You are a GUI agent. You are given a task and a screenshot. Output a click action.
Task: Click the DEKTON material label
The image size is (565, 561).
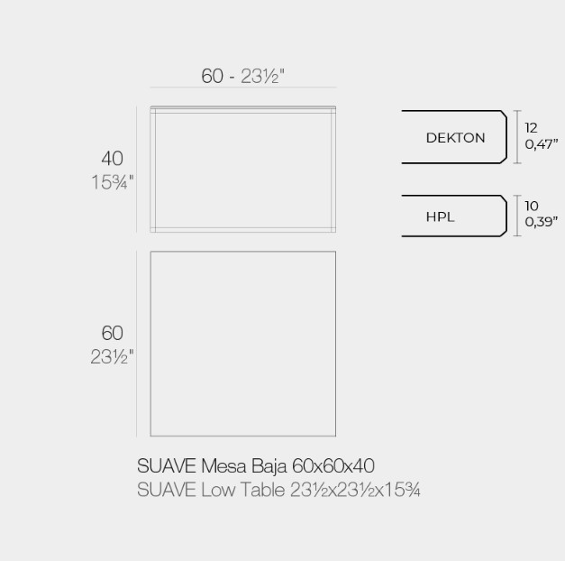coord(455,137)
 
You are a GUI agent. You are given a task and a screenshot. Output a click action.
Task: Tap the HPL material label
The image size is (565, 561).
coord(440,216)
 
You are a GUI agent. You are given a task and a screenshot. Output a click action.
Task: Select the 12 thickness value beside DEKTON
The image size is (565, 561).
coord(531,128)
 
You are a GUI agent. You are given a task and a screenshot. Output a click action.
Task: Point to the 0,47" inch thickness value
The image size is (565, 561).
coord(542,144)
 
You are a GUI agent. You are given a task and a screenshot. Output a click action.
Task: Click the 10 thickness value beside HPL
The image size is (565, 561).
coord(532,206)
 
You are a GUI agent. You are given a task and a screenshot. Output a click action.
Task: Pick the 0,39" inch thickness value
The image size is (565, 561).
coord(542,222)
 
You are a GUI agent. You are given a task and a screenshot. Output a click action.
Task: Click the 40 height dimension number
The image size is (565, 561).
coord(112,159)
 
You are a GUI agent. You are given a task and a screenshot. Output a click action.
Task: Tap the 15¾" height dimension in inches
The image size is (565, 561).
coord(113,182)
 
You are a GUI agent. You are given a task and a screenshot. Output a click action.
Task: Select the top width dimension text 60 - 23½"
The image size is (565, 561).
coord(243,76)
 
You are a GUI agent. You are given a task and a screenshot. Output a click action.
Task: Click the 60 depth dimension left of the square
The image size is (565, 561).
coord(112,333)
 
